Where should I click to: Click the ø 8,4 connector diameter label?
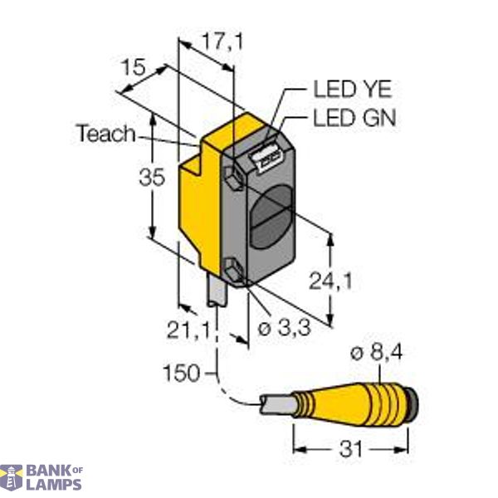[378, 355]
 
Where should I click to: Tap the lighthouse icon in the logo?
[12, 477]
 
